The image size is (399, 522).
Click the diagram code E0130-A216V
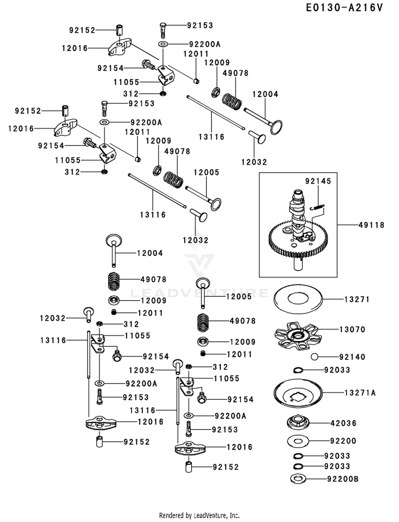click(x=344, y=8)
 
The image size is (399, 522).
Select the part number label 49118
click(x=371, y=225)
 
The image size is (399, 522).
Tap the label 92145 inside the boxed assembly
click(x=318, y=181)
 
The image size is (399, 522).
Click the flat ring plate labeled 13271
click(x=298, y=299)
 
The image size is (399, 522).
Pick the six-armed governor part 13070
click(x=298, y=336)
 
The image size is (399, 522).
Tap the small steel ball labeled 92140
click(x=315, y=357)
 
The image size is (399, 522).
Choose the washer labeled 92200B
click(x=298, y=479)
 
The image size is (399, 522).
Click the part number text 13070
click(x=352, y=330)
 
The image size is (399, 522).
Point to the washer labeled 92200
click(x=298, y=441)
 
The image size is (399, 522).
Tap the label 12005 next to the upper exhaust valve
click(x=206, y=172)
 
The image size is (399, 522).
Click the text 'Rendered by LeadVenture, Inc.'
click(x=199, y=515)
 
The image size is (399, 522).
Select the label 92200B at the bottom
click(x=343, y=479)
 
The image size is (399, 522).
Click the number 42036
click(x=343, y=423)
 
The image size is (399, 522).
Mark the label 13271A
click(x=360, y=393)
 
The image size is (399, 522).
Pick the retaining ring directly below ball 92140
click(x=298, y=370)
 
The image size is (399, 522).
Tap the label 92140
click(x=352, y=357)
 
